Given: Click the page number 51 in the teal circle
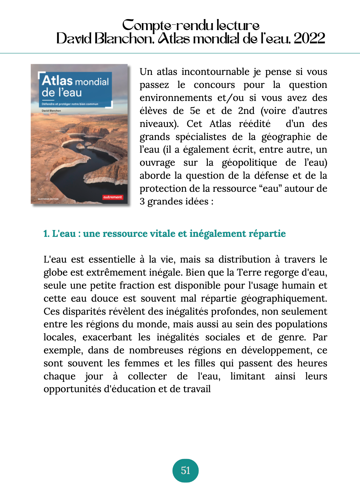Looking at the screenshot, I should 185,471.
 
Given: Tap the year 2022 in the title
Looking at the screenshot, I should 309,38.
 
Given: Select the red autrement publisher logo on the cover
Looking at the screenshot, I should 113,197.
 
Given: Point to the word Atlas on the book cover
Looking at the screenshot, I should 57,81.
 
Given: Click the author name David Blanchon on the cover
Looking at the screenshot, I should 51,110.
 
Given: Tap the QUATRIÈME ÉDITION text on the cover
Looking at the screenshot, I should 48,199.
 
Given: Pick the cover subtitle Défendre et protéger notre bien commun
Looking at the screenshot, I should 70,104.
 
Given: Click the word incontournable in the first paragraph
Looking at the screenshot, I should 216,72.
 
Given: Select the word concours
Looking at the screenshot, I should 214,85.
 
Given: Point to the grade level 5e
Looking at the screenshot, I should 195,111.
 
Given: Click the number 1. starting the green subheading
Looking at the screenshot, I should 47,234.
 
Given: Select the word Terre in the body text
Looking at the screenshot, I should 247,272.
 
